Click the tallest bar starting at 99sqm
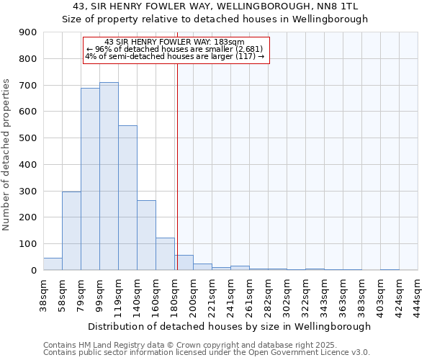click(109, 176)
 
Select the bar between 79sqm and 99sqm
click(90, 179)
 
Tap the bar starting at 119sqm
click(127, 198)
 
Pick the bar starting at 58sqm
click(71, 231)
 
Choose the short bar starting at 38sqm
click(53, 264)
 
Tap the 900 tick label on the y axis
click(28, 32)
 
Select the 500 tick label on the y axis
click(28, 138)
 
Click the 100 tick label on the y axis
click(28, 244)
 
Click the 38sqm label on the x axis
click(43, 294)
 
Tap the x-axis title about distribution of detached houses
click(230, 326)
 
